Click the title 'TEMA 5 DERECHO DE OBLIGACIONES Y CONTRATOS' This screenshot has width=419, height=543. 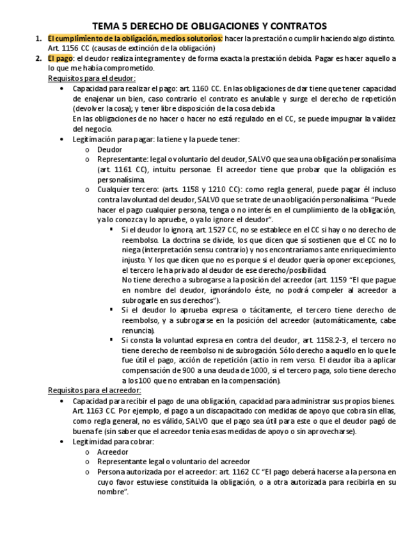click(x=209, y=26)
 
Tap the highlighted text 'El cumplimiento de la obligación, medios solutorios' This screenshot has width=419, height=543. click(x=134, y=38)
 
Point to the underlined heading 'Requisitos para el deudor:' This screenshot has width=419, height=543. click(x=91, y=78)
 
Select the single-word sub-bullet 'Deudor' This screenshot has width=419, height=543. click(x=109, y=149)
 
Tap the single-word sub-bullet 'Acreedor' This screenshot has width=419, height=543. click(x=112, y=451)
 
